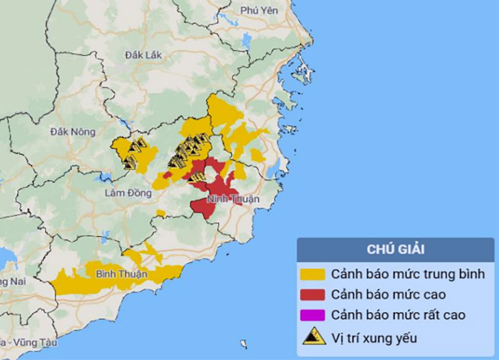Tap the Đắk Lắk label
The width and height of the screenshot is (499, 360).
(x=144, y=55)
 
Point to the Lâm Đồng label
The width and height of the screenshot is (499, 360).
(x=128, y=193)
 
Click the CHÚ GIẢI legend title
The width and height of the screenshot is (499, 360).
(x=395, y=249)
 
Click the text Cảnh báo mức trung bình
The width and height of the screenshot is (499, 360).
(x=408, y=275)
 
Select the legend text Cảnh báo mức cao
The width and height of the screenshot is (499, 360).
(x=388, y=295)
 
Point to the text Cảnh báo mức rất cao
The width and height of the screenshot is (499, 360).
(x=399, y=316)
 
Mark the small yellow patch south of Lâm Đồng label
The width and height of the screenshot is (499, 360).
(x=161, y=214)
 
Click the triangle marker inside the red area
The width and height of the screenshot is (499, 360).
(x=198, y=177)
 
